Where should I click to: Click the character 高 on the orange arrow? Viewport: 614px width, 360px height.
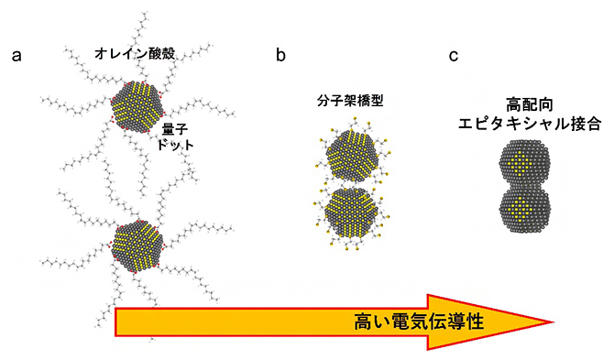tap(363, 322)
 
